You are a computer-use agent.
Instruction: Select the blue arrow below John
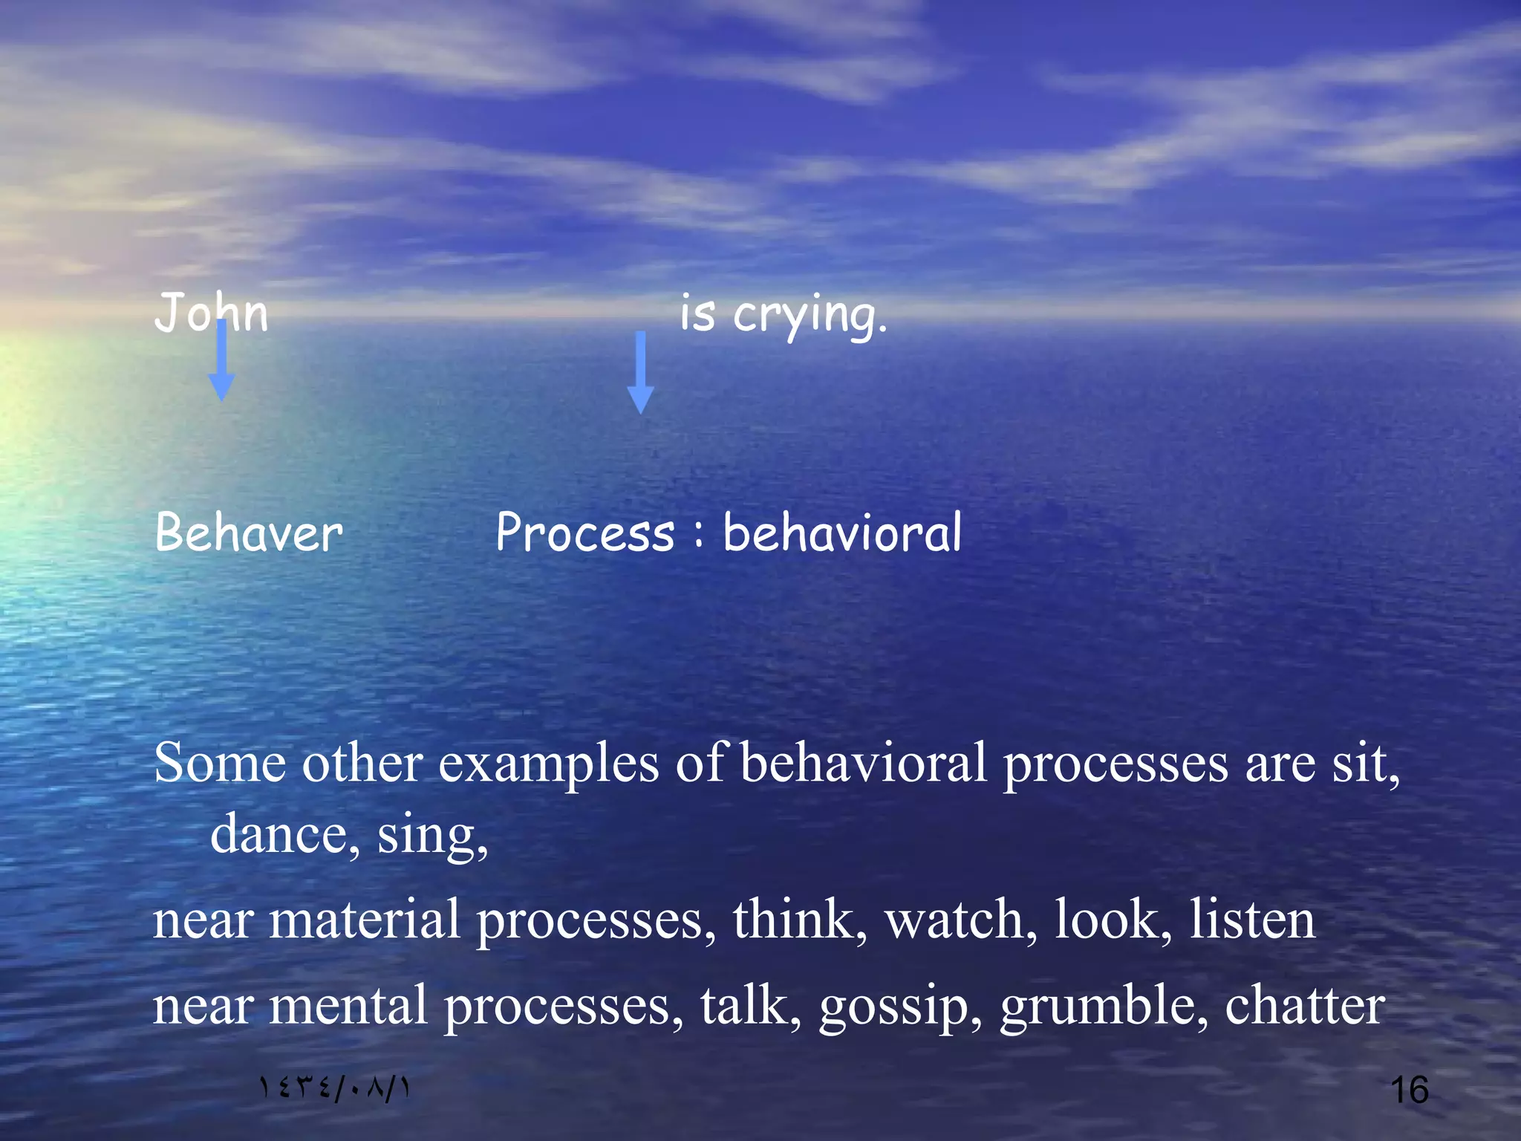[x=221, y=361]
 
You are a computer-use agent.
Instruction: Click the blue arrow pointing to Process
[x=640, y=373]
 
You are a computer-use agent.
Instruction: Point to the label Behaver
[x=249, y=533]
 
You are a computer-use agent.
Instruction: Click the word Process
[x=585, y=533]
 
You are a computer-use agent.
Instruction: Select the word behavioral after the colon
[x=842, y=533]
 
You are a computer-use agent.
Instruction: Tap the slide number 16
[x=1409, y=1090]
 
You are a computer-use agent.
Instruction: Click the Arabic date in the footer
[x=334, y=1088]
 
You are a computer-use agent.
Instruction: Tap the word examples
[x=548, y=764]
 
